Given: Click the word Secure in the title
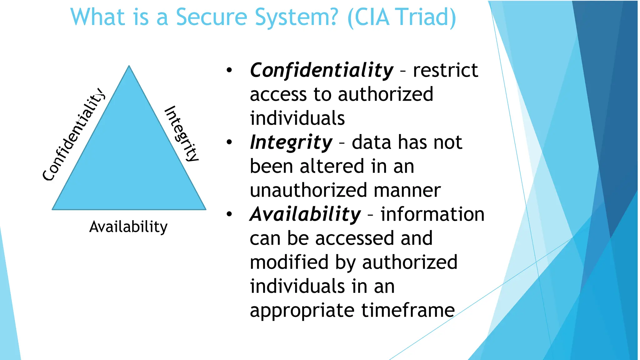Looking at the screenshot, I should coord(212,17).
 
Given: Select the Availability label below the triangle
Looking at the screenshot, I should coord(128,227).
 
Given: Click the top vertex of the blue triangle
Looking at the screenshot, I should coord(129,66).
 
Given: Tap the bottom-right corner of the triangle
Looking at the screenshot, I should coord(205,209).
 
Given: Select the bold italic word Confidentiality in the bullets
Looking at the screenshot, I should coord(322,70).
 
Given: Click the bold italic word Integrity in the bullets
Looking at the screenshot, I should coord(291,142).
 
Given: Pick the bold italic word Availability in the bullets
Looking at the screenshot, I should coord(305,214).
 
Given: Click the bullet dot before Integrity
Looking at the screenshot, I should coord(229,142).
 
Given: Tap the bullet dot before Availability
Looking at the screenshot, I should coord(229,214).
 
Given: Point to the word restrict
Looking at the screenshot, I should coord(445,70).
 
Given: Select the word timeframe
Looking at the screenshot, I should coord(408,310).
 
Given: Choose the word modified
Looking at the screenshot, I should coord(289,262).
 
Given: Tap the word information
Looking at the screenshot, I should coord(432,214).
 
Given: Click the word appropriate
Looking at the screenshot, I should coord(302,311).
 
